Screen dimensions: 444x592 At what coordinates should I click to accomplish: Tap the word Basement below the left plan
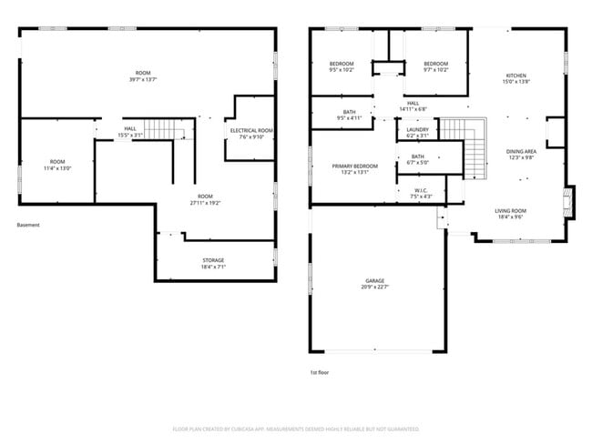[29, 225]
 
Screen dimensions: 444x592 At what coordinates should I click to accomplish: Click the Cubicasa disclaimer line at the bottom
[295, 429]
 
